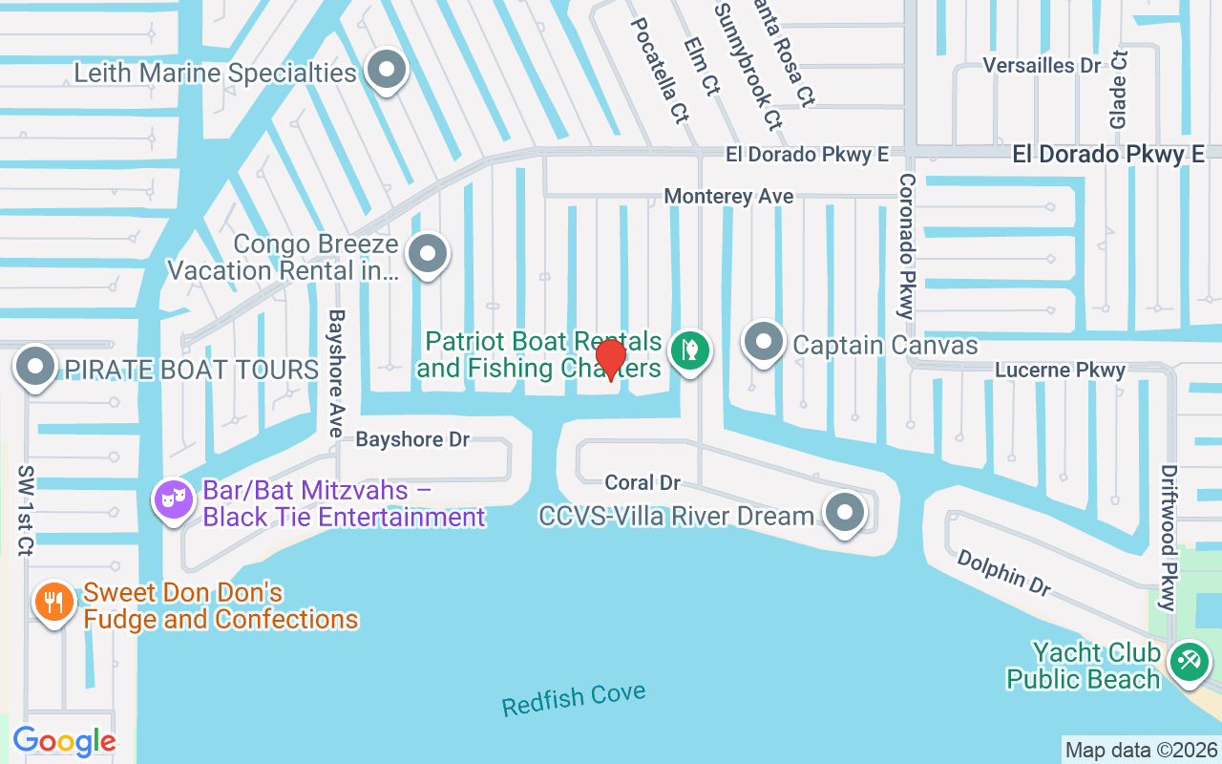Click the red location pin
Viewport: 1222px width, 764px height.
pos(610,359)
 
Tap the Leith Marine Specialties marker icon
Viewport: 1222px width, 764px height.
pos(387,70)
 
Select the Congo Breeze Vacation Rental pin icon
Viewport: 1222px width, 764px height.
pos(427,255)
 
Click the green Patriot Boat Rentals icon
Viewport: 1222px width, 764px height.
pos(687,350)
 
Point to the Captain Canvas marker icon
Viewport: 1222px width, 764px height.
pos(763,342)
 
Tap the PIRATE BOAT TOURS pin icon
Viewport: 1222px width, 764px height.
pos(36,367)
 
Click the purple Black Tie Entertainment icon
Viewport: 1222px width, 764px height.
pos(173,499)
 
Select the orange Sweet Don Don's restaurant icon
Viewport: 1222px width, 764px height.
pos(53,603)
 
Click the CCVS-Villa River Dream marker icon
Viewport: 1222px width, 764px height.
pos(844,513)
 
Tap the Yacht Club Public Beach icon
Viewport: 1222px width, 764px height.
pos(1189,661)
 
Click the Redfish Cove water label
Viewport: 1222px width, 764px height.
pos(574,700)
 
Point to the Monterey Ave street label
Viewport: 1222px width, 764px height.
pos(728,196)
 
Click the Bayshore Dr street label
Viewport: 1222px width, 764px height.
pos(412,439)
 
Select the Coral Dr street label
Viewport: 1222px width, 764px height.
pos(643,483)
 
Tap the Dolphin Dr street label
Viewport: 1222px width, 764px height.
pos(1003,572)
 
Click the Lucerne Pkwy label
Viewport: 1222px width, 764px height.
pos(1060,370)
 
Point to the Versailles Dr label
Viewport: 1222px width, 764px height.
pos(1043,66)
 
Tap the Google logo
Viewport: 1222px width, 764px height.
pos(64,741)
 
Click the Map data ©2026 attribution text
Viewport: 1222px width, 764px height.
pos(1141,750)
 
